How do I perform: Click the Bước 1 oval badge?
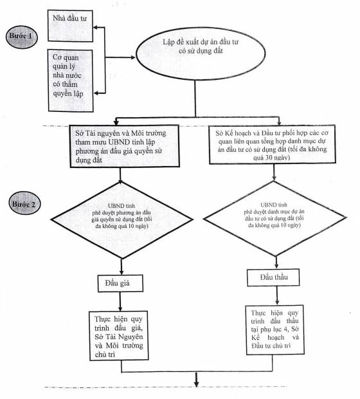pos(22,37)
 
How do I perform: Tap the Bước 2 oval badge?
pos(24,203)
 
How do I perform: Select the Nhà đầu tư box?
pos(70,26)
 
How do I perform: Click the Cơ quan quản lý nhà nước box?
pos(71,80)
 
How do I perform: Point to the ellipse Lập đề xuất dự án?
pos(201,53)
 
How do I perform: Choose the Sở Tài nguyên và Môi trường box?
pos(125,146)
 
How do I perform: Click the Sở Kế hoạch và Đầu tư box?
pos(273,144)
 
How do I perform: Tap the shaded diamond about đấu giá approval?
pos(122,220)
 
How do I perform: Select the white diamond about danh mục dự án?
pos(274,218)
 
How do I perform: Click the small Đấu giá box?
pos(120,283)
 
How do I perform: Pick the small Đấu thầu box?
pos(273,277)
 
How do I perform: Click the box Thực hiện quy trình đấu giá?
pos(119,336)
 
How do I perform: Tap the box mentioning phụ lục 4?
pos(274,329)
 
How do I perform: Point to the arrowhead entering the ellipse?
pos(133,57)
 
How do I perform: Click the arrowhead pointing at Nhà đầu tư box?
pos(96,28)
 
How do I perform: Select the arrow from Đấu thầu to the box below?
pos(277,295)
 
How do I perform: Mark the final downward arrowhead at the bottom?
pos(196,383)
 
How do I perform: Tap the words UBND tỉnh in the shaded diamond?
pos(122,205)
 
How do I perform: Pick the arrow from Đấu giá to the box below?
pos(120,301)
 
